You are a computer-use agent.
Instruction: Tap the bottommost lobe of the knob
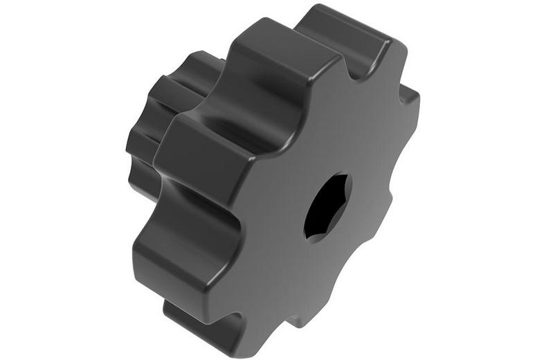[x=208, y=325]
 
